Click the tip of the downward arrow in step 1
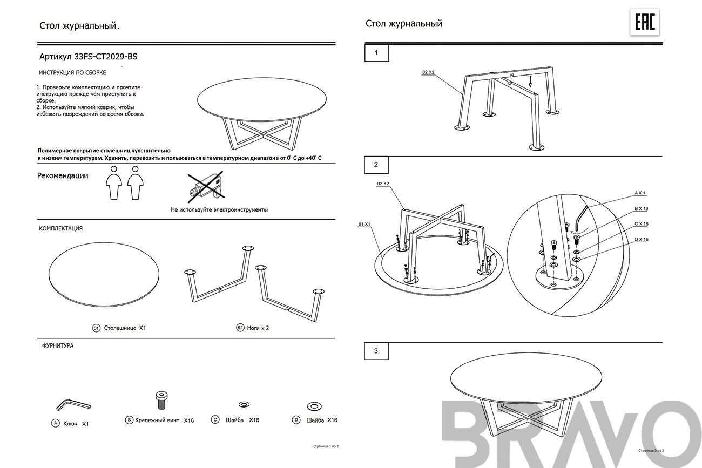pyautogui.click(x=530, y=87)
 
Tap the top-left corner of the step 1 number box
pyautogui.click(x=365, y=44)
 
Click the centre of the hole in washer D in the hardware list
pyautogui.click(x=314, y=406)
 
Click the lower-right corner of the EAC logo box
pyautogui.click(x=659, y=36)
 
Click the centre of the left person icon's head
pyautogui.click(x=114, y=169)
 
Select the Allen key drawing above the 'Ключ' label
pyautogui.click(x=73, y=404)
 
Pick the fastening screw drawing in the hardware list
pyautogui.click(x=161, y=401)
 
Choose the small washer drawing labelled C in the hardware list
pyautogui.click(x=244, y=404)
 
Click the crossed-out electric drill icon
pyautogui.click(x=206, y=186)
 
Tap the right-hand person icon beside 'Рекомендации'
pyautogui.click(x=136, y=183)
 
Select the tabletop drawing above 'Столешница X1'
pyautogui.click(x=104, y=274)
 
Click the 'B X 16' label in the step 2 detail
pyautogui.click(x=641, y=208)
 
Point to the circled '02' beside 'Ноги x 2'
pyautogui.click(x=240, y=328)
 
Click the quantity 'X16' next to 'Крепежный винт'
pyautogui.click(x=188, y=420)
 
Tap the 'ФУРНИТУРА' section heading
pyautogui.click(x=58, y=345)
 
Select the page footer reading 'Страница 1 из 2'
pyautogui.click(x=326, y=446)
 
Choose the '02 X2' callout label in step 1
pyautogui.click(x=428, y=72)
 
